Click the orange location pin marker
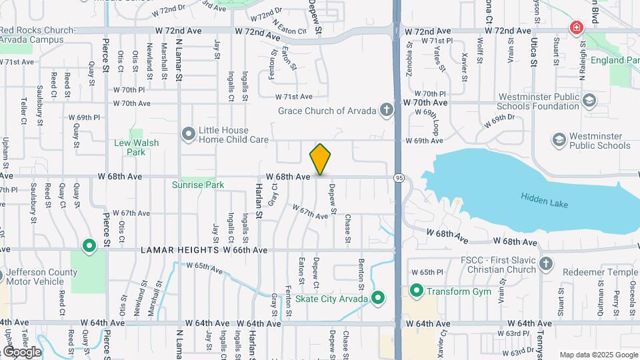[321, 159]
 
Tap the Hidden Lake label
[544, 199]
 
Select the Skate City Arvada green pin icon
[378, 298]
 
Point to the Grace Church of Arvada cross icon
[385, 110]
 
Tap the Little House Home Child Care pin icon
[189, 134]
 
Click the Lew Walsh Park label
[136, 147]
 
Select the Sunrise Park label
[198, 185]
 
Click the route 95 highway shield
[399, 178]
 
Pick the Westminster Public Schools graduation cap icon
[559, 141]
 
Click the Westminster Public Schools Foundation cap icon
[589, 101]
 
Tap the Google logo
[21, 351]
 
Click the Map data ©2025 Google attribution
[599, 355]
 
